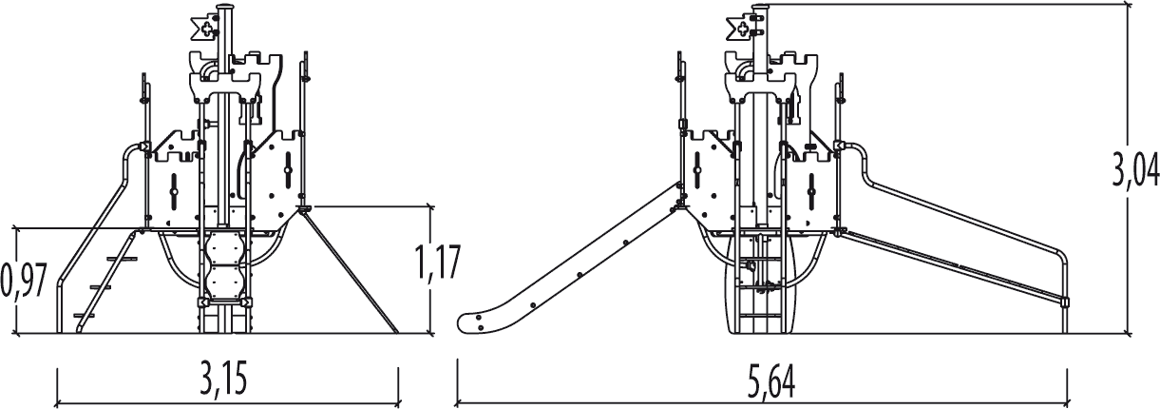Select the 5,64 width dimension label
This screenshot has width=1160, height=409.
(770, 381)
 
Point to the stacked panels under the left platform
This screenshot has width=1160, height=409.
(225, 266)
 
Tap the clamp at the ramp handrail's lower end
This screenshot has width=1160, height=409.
(1063, 302)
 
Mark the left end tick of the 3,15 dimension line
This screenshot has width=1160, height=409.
(58, 387)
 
